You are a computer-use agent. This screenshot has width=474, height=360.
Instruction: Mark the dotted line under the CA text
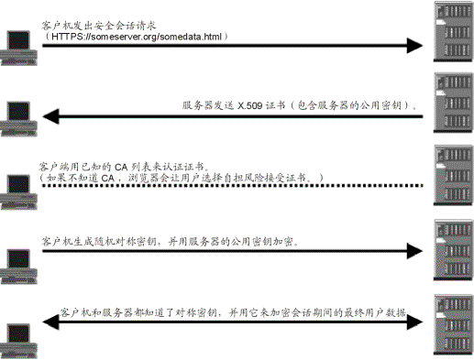tap(229, 186)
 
